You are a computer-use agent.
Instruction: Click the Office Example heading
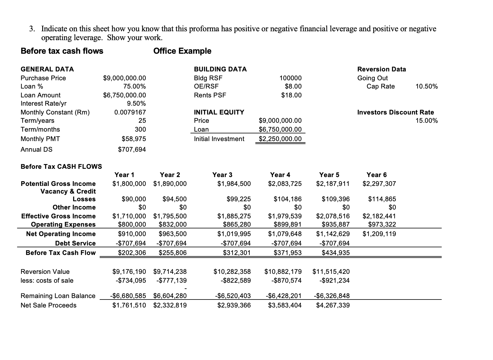click(x=182, y=51)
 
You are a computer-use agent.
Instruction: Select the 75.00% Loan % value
click(x=134, y=86)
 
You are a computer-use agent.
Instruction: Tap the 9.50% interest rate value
click(x=136, y=104)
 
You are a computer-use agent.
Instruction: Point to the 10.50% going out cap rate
click(x=426, y=86)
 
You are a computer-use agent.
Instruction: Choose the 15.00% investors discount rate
click(x=426, y=121)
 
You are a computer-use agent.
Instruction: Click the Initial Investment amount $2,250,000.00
click(x=280, y=139)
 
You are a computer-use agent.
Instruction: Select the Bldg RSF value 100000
click(x=290, y=78)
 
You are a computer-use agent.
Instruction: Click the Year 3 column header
click(x=222, y=175)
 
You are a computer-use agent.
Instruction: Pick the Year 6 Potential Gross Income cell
click(x=379, y=184)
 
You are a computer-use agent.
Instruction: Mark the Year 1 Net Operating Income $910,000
click(x=132, y=234)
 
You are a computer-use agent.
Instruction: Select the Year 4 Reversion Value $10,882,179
click(x=283, y=271)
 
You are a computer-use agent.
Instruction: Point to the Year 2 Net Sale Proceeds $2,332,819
click(x=170, y=305)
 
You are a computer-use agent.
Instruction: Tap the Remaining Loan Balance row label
click(x=58, y=296)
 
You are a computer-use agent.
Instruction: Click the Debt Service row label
click(x=75, y=243)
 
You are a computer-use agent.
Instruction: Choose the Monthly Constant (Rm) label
click(x=55, y=112)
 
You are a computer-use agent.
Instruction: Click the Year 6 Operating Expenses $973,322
click(x=382, y=225)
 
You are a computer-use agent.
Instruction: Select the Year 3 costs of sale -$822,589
click(x=236, y=281)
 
